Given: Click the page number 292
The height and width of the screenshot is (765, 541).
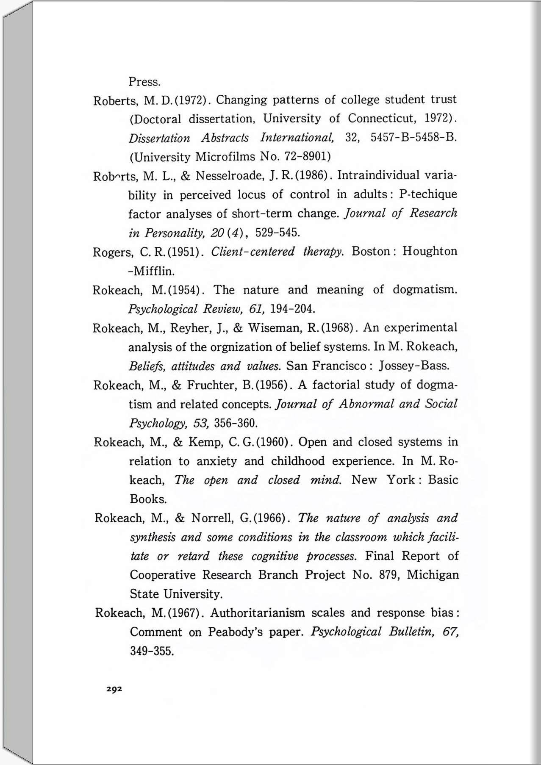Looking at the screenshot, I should (114, 689).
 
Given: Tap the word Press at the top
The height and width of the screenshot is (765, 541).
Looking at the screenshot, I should (144, 81).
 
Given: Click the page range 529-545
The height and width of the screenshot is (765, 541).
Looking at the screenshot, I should (277, 233).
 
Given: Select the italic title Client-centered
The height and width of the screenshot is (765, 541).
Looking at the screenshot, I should (252, 252).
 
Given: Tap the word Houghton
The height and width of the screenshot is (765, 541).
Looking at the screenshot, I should (430, 251).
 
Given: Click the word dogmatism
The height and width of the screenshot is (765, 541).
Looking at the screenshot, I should (424, 290).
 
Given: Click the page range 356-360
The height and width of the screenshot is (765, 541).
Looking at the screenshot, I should (236, 423).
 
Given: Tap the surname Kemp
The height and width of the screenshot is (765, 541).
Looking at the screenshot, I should (205, 442).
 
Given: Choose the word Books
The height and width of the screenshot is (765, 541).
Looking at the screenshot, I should (148, 499).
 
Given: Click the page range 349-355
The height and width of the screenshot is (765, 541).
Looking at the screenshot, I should (152, 651).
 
